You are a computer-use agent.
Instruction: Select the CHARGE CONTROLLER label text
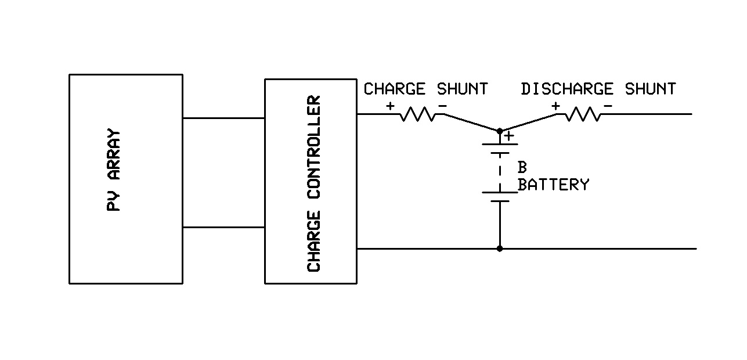(314, 183)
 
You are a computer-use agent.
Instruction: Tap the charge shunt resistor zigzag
(418, 114)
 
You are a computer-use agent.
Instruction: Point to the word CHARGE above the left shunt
(394, 89)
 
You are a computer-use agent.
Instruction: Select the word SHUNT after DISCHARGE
(650, 89)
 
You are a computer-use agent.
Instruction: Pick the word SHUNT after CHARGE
(462, 89)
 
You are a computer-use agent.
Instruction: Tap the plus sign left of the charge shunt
(390, 106)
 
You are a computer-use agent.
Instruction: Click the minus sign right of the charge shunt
(442, 106)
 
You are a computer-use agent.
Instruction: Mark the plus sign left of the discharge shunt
(556, 106)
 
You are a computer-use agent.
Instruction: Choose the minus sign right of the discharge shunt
(608, 106)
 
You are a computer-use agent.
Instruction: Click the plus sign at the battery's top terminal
(509, 136)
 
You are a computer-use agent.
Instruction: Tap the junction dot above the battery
(500, 131)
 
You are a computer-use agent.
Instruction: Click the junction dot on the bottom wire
(500, 249)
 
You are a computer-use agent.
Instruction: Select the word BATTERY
(553, 185)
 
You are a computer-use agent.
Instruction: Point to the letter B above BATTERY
(522, 168)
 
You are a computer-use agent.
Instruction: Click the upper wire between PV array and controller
(223, 118)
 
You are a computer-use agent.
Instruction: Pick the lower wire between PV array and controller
(223, 227)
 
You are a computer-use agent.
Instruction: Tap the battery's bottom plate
(500, 201)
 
